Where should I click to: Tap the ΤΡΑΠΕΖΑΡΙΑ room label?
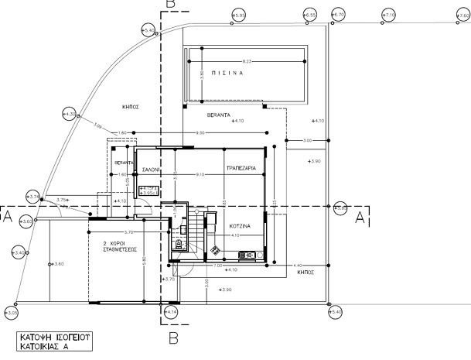241,167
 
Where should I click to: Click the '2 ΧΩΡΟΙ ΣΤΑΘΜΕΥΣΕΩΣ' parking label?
120,247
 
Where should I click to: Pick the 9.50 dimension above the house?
200,133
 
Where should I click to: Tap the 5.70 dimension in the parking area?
129,231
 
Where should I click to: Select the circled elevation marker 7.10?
389,15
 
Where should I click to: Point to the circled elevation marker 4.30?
71,115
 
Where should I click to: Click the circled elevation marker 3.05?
12,313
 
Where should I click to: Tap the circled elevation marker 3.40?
19,252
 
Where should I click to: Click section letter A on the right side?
359,219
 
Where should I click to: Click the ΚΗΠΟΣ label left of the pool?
130,107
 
